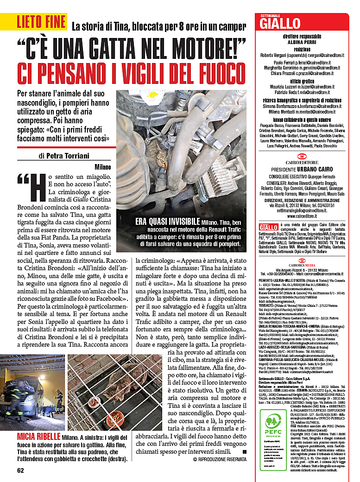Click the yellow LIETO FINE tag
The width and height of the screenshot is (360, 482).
tap(40, 21)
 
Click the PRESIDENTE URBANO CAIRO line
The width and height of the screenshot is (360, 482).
tap(302, 170)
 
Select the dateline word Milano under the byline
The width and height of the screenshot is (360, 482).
tap(102, 167)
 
